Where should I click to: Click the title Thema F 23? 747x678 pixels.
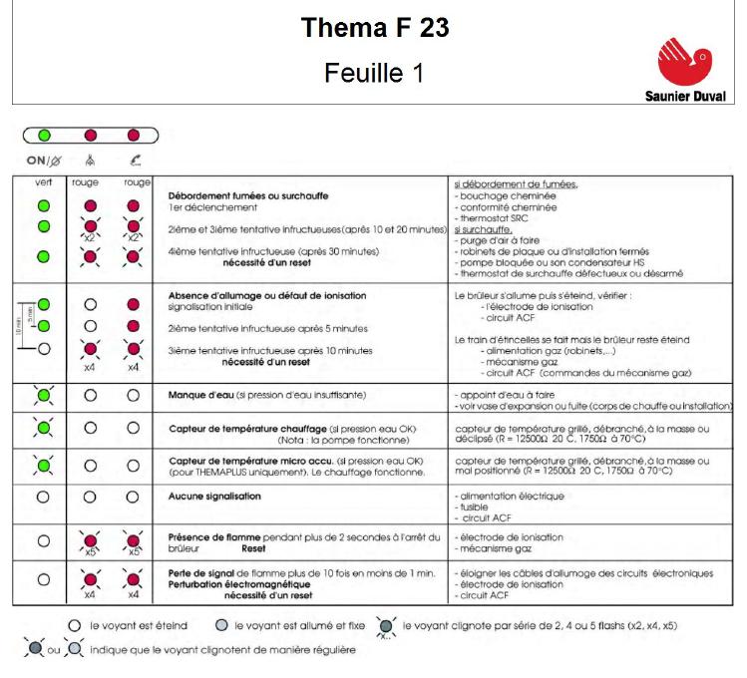[x=374, y=28]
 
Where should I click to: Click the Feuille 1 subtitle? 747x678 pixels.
[x=374, y=73]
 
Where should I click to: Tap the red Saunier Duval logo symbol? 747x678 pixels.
[x=687, y=61]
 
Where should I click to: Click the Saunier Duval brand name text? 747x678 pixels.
[x=685, y=97]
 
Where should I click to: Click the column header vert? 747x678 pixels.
[x=42, y=182]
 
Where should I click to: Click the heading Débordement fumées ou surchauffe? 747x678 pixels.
[x=248, y=195]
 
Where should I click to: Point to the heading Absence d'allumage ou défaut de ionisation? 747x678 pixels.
[x=266, y=296]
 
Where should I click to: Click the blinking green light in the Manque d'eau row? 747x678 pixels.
[x=42, y=396]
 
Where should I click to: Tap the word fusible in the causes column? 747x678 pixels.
[x=474, y=506]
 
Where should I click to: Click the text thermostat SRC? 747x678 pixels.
[x=491, y=218]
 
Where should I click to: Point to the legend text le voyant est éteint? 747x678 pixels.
[x=135, y=626]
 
